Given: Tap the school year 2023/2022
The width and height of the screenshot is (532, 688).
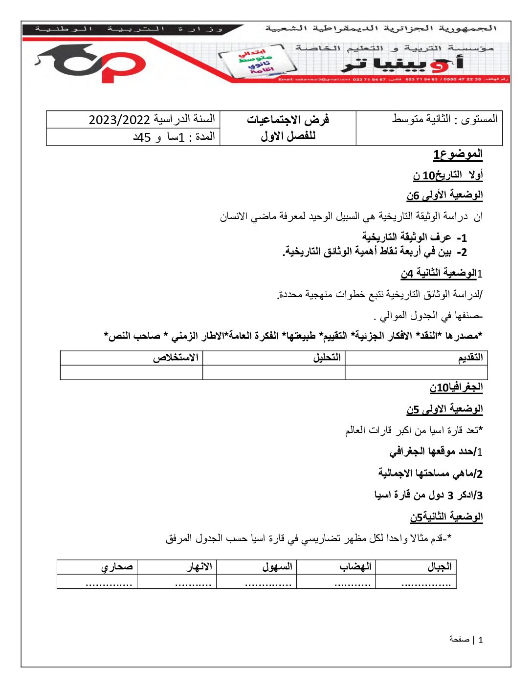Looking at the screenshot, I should pos(119,120).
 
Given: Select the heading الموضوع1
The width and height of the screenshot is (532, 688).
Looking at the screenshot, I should pos(458,154).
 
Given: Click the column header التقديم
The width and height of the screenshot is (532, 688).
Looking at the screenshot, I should pos(470,358).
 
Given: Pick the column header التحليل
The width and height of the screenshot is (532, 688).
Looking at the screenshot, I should pos(327,358).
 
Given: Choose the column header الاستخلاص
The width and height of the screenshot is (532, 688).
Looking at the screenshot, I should pos(176,358).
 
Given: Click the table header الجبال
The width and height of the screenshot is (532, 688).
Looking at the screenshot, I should pos(439,567).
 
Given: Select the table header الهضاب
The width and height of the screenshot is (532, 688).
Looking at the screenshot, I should pos(355,567).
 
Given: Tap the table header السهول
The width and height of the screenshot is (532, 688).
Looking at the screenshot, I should pos(277,567).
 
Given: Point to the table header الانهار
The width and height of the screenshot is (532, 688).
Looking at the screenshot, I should pos(199,567).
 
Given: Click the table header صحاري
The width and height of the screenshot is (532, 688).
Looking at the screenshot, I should pos(117,567).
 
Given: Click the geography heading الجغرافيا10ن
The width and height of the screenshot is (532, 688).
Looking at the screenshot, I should pos(456,387).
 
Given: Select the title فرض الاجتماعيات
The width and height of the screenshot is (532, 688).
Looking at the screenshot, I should pos(288,120).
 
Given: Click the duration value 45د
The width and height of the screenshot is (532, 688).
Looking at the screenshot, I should pos(141,138).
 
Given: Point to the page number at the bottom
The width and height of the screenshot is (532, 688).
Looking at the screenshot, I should pos(480,640).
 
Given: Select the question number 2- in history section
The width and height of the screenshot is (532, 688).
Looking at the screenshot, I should pos(462,252).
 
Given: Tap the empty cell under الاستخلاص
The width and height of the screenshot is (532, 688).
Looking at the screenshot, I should pos(131,372).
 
